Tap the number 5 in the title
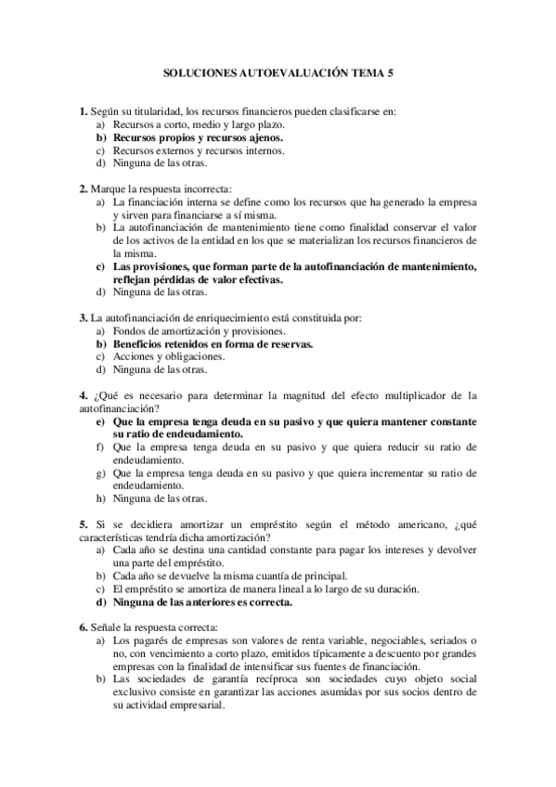point(390,70)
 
